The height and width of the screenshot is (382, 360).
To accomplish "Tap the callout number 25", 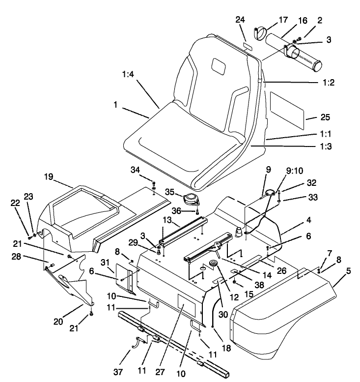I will pos(311,118).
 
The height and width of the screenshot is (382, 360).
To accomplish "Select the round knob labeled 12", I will pos(214,264).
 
